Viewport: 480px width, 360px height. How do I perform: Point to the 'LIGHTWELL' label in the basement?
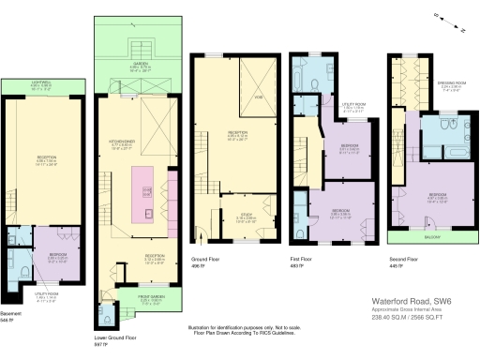pyautogui.click(x=40, y=82)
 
